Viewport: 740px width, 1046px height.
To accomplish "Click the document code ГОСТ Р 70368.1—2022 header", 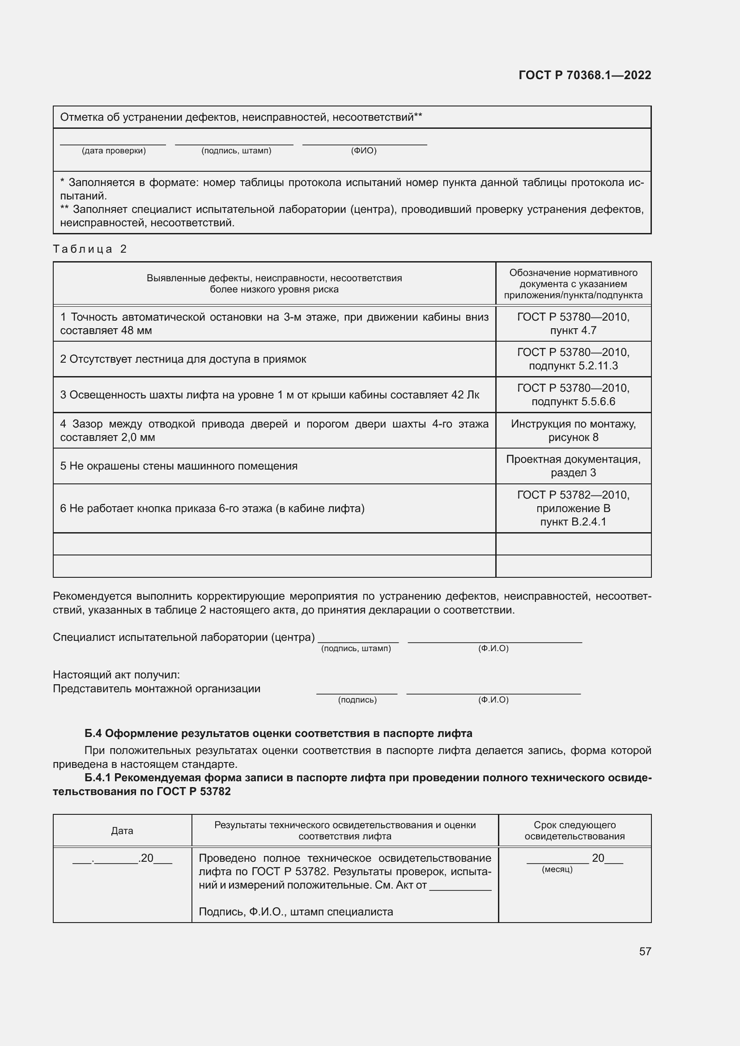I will pos(585,75).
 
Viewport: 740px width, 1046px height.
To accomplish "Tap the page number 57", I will pos(645,951).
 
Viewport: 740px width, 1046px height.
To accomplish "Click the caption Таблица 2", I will pos(90,249).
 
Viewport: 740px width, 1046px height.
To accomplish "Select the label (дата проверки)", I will pos(114,151).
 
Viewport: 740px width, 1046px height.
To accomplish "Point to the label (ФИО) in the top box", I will pos(363,151).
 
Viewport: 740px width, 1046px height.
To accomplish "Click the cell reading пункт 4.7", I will pos(573,330).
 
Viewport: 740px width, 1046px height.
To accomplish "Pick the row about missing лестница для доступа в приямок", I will pos(183,359).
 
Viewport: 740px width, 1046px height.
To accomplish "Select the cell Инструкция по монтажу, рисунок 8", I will pos(573,431).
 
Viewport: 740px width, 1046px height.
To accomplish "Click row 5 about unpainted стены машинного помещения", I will pos(179,466).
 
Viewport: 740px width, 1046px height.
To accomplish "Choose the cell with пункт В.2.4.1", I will pos(573,521).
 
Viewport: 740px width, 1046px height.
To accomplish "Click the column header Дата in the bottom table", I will pos(122,830).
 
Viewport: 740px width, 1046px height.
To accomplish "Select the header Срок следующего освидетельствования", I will pos(574,830).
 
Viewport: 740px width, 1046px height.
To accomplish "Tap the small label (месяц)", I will pos(557,870).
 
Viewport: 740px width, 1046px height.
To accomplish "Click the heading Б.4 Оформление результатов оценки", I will pos(278,733).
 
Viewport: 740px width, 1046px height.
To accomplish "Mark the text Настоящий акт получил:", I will pos(116,674).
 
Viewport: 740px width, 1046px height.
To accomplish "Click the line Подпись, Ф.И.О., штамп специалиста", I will pos(296,911).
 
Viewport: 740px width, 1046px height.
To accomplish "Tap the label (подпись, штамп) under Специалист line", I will pos(356,648).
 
